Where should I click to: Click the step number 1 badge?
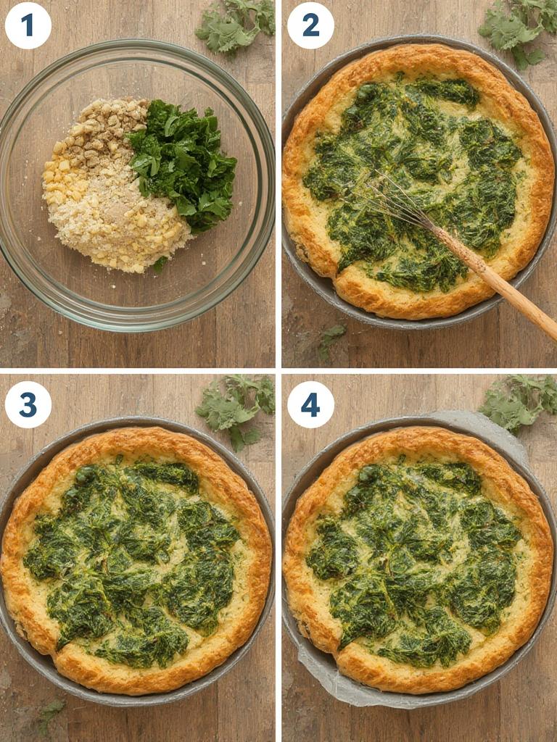[x=28, y=25]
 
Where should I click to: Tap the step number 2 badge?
[x=310, y=25]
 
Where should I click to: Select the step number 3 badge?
[x=28, y=404]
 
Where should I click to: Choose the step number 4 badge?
[x=310, y=404]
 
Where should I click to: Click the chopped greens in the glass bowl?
[x=185, y=163]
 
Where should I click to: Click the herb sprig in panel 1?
[x=236, y=25]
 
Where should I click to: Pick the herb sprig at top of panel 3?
[x=236, y=406]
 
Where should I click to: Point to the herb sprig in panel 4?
[x=519, y=402]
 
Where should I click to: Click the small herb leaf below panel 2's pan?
[x=330, y=337]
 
